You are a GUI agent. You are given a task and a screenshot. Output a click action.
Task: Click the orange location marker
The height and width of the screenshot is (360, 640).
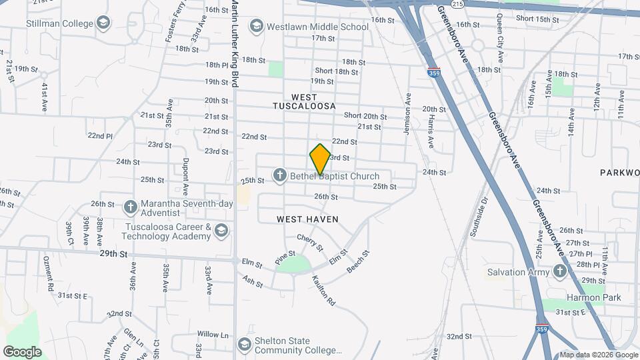tap(320, 159)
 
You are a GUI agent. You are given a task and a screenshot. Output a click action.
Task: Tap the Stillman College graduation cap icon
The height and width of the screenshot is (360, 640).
tap(103, 25)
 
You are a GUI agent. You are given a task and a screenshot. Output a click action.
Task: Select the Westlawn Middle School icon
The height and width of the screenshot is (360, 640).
tap(256, 27)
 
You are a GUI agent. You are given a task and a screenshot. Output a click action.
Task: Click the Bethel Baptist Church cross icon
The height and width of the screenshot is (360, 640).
tap(279, 176)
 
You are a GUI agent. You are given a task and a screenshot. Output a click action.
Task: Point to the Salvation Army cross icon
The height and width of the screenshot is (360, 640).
tap(560, 271)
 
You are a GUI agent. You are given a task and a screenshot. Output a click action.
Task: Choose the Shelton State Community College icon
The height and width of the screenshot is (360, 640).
tap(244, 345)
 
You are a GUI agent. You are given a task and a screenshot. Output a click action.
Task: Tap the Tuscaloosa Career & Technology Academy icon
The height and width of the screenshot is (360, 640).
tap(221, 231)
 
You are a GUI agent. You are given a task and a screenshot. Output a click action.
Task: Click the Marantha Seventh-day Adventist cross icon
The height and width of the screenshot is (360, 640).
tap(131, 204)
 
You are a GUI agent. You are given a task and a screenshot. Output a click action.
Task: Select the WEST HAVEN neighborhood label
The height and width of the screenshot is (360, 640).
tap(307, 219)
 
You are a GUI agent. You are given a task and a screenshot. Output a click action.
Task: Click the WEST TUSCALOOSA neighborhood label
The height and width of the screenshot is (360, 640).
tap(303, 102)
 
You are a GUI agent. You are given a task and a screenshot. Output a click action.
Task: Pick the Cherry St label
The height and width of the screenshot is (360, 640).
tap(310, 243)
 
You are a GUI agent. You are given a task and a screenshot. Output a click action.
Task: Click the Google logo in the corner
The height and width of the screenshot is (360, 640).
tap(22, 351)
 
